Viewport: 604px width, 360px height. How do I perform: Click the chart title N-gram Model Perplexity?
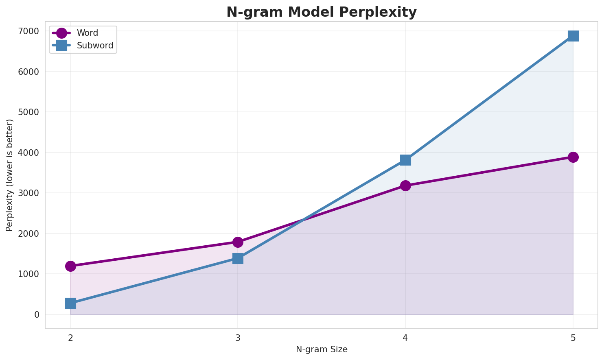[x=321, y=12]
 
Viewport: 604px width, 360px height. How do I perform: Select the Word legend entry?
[x=87, y=33]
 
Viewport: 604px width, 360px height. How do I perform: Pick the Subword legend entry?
[x=95, y=46]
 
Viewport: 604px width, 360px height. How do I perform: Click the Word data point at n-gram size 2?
[x=70, y=266]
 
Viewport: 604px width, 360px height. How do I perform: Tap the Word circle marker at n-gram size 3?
[x=238, y=242]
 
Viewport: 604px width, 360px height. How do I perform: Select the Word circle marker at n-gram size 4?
[x=405, y=185]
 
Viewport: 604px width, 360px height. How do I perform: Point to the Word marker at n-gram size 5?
[x=573, y=157]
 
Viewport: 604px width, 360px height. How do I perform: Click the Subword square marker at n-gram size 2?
[x=70, y=303]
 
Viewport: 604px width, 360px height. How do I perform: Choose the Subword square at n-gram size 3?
[x=238, y=258]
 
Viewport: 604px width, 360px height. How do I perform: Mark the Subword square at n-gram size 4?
[x=405, y=160]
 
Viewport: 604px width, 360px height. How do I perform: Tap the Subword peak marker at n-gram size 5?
[x=573, y=36]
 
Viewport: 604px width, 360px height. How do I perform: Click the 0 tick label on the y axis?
[x=37, y=314]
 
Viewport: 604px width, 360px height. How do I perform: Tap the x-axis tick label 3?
[x=238, y=337]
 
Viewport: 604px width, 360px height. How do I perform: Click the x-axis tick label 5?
[x=573, y=337]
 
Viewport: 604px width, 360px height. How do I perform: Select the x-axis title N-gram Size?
[x=322, y=349]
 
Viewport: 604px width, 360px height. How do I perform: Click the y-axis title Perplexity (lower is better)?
[x=10, y=175]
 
